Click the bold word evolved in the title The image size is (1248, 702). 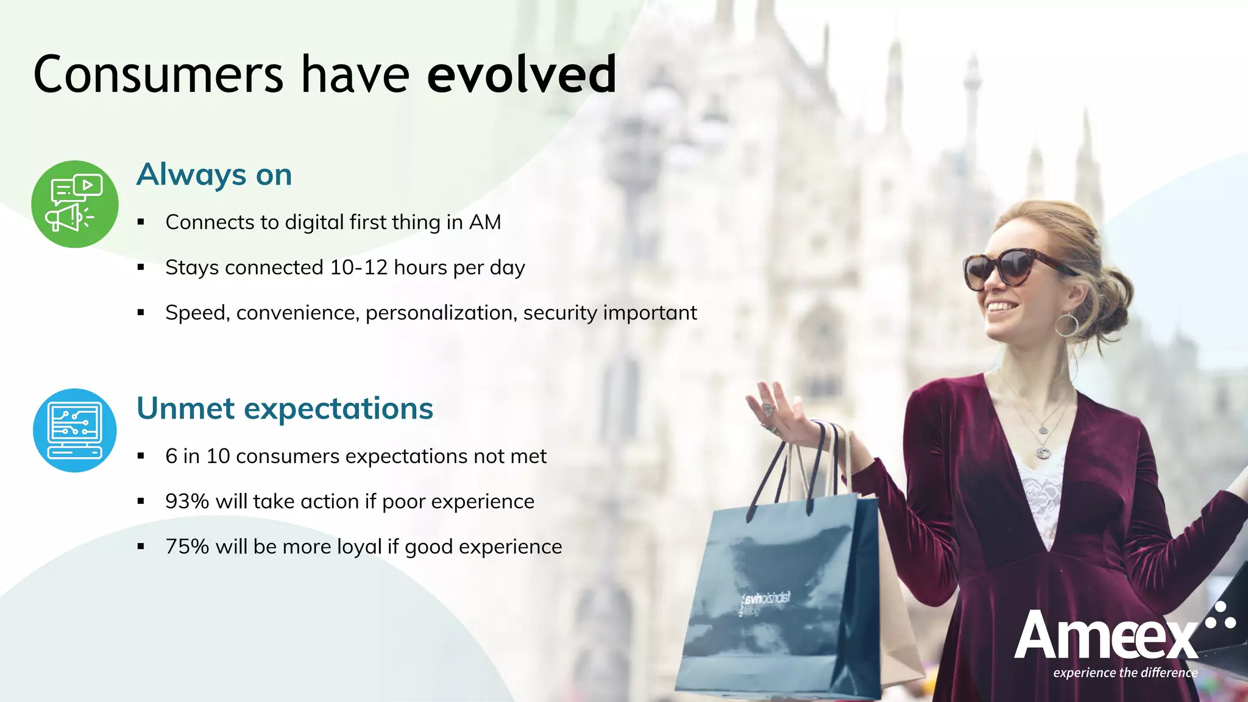pyautogui.click(x=522, y=74)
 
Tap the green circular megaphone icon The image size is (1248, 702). pyautogui.click(x=74, y=204)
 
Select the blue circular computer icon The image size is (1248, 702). pyautogui.click(x=74, y=430)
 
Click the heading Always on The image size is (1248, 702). pyautogui.click(x=214, y=175)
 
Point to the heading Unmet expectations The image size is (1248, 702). pyautogui.click(x=285, y=408)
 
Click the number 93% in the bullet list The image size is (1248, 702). pyautogui.click(x=186, y=502)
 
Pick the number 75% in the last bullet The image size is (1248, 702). pyautogui.click(x=186, y=547)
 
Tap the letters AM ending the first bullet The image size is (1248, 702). pyautogui.click(x=484, y=222)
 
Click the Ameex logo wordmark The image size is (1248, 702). pyautogui.click(x=1106, y=636)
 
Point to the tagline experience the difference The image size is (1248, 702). pyautogui.click(x=1125, y=673)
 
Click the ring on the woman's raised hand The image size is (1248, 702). pyautogui.click(x=767, y=409)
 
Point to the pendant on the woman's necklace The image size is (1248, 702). pyautogui.click(x=1043, y=452)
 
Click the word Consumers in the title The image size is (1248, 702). pyautogui.click(x=158, y=74)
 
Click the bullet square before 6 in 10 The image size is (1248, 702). pyautogui.click(x=141, y=456)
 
